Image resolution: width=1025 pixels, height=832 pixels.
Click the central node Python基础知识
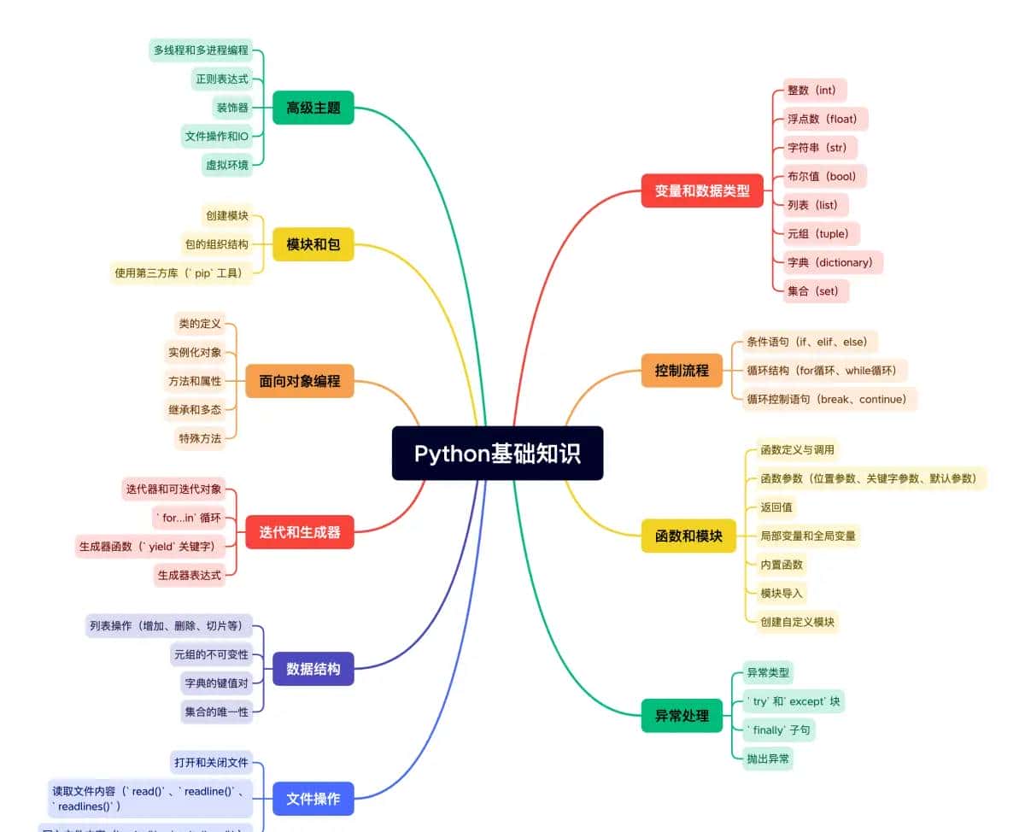click(497, 453)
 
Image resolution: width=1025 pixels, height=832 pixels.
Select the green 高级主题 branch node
click(313, 108)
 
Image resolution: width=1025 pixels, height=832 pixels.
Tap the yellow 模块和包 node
click(313, 244)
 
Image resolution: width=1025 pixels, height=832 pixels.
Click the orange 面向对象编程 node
click(300, 381)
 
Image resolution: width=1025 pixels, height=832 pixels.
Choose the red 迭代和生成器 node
click(300, 532)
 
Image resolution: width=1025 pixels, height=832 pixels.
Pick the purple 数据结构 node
click(313, 668)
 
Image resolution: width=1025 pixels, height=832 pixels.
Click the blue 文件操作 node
click(313, 799)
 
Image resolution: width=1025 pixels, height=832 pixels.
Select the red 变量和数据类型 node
click(702, 190)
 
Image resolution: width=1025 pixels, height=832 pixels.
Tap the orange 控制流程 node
click(682, 371)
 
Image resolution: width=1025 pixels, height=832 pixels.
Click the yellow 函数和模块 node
click(688, 536)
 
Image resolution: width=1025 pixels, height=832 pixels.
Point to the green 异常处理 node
click(682, 716)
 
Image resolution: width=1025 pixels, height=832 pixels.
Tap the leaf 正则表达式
click(221, 79)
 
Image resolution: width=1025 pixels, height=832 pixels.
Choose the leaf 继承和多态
click(195, 409)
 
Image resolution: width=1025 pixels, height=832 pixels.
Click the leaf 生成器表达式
click(190, 575)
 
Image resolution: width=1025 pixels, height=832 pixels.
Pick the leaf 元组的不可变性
click(211, 654)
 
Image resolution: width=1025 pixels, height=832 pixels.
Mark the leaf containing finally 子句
click(779, 730)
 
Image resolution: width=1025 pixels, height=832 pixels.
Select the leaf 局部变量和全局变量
click(808, 536)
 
